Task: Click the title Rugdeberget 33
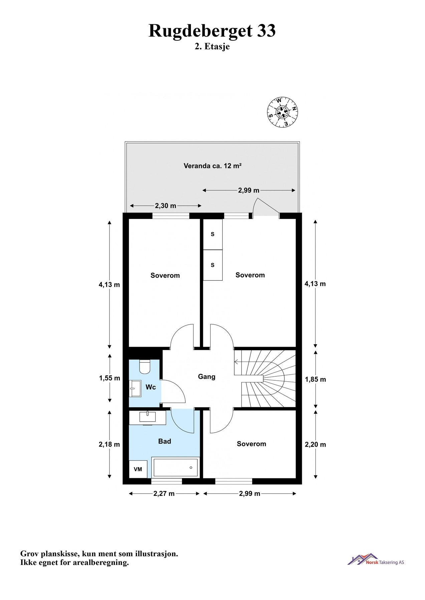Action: click(x=212, y=31)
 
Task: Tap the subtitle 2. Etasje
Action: click(x=212, y=47)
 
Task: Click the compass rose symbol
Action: click(x=282, y=112)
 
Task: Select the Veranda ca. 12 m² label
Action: click(x=212, y=166)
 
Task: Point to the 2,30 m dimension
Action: click(x=165, y=206)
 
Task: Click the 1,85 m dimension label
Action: click(x=315, y=379)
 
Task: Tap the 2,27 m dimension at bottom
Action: click(x=164, y=494)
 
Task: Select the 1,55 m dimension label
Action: click(x=110, y=378)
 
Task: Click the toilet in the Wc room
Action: click(x=145, y=366)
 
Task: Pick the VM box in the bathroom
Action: click(x=138, y=469)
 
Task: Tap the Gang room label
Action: click(x=207, y=377)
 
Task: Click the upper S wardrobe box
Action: click(x=213, y=234)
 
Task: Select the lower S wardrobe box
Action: click(x=213, y=265)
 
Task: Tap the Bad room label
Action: click(x=164, y=441)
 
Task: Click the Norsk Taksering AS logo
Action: click(x=376, y=559)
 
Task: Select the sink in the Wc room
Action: click(x=135, y=388)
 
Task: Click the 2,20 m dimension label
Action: click(x=315, y=444)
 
